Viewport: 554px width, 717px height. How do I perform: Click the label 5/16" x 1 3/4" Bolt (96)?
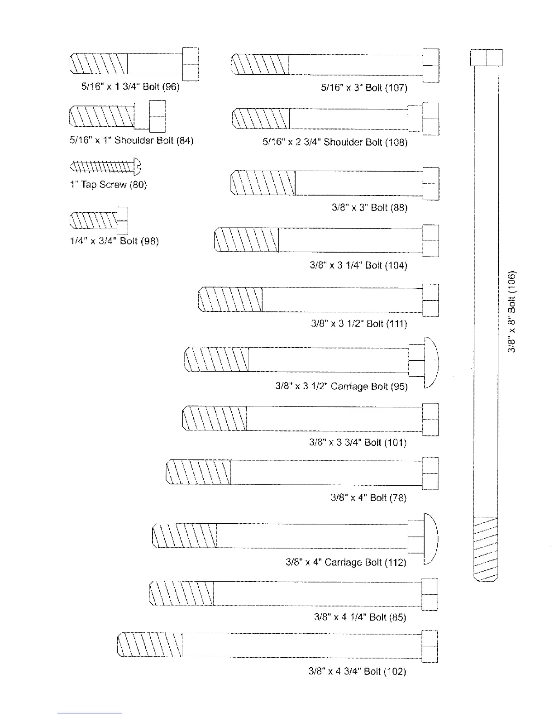(130, 87)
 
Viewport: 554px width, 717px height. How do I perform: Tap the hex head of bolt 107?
(430, 66)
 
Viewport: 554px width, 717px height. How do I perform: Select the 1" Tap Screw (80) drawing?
(105, 167)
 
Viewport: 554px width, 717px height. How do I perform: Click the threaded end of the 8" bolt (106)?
(485, 548)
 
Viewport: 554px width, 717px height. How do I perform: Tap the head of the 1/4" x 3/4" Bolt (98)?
(122, 220)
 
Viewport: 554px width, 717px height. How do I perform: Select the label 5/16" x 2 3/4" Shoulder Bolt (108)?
(335, 142)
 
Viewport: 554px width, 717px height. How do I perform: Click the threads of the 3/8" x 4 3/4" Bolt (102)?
(150, 645)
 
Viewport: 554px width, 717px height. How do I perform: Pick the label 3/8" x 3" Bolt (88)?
(369, 208)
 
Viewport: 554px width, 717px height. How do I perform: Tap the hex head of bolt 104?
(430, 240)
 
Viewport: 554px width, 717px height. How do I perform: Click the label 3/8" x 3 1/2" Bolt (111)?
(359, 324)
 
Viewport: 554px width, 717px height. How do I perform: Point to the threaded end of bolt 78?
(199, 472)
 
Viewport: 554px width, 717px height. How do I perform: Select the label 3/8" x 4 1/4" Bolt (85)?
(360, 617)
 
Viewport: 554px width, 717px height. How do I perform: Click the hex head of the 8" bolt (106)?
(487, 57)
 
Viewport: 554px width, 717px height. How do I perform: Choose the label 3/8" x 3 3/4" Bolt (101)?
(358, 442)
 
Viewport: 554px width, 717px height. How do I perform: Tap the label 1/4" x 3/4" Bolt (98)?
(114, 241)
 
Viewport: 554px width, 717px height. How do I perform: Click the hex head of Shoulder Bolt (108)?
(430, 119)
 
